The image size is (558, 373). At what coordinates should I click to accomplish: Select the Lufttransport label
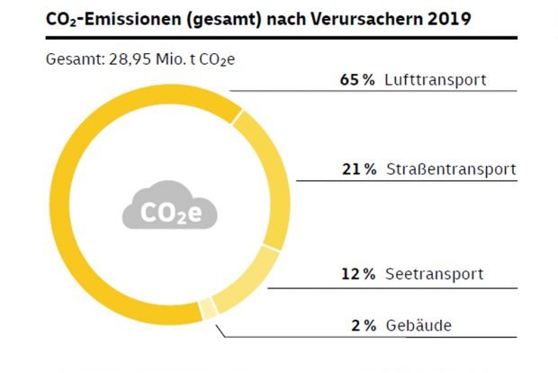[x=436, y=79]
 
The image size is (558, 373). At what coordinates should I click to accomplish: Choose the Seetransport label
[x=436, y=274]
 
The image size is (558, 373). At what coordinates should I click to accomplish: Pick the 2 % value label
[x=364, y=324]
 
